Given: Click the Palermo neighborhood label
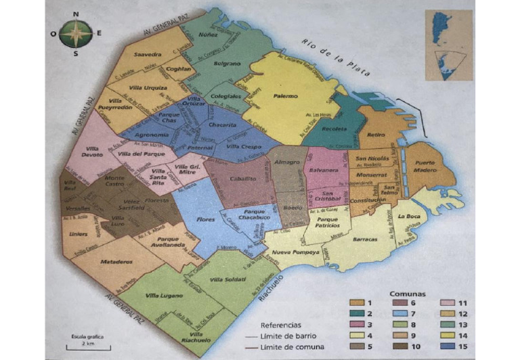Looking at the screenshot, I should [x=285, y=96].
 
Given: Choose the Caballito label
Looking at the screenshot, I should [x=243, y=179].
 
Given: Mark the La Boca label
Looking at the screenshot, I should [x=409, y=217].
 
